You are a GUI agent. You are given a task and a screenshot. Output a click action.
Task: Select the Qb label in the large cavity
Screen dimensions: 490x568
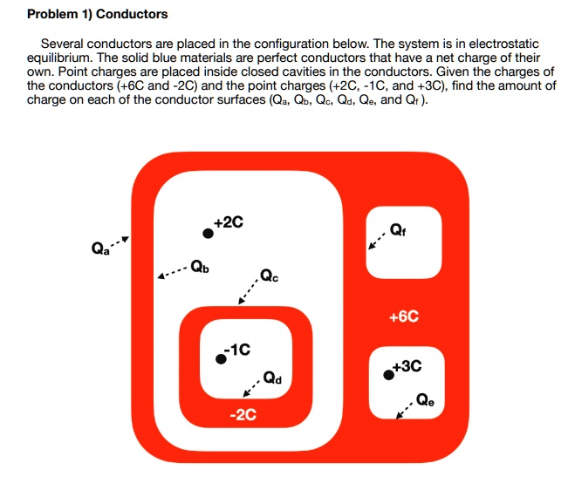[x=199, y=266]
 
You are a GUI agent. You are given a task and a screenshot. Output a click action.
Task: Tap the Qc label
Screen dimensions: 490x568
[x=270, y=278]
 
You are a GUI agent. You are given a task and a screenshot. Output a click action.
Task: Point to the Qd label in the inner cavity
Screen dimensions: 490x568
[x=271, y=379]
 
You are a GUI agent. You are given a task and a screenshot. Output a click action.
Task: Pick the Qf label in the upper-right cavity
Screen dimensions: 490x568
[x=397, y=231]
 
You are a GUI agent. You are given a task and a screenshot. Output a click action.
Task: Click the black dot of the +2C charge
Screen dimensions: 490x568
[x=208, y=233]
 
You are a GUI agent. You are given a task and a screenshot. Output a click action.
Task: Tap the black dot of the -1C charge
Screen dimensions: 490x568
[x=222, y=358]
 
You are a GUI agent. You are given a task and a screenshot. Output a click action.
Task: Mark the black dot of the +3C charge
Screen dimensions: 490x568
[x=388, y=375]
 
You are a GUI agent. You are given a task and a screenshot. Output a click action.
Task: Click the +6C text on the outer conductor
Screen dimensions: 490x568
[x=404, y=316]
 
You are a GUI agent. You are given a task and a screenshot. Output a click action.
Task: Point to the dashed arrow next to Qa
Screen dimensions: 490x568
[x=120, y=242]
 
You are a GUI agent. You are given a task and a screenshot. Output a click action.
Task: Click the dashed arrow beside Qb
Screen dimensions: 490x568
[x=171, y=273]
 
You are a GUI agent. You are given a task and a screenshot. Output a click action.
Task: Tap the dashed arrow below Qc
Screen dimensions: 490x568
[x=248, y=293]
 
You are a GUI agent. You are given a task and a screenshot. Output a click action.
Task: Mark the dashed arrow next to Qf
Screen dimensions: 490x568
[x=375, y=240]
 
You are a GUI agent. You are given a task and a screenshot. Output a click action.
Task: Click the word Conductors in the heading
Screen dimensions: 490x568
[x=131, y=15]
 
